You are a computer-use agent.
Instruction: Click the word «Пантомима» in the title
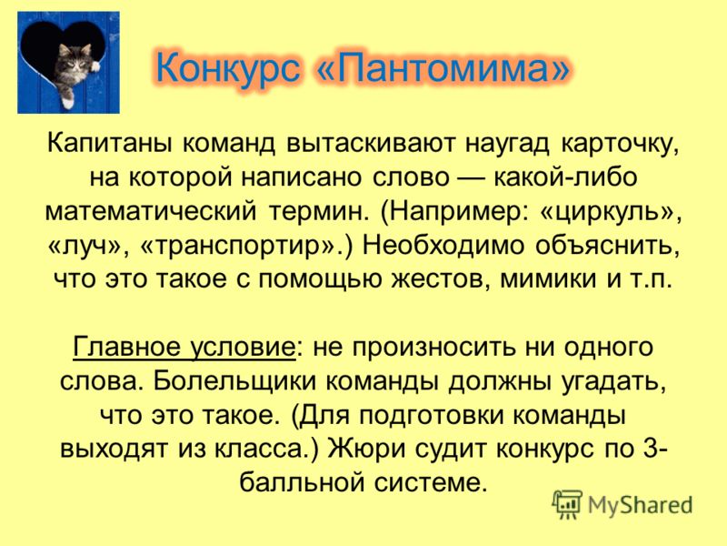443,69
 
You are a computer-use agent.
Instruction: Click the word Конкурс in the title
228,70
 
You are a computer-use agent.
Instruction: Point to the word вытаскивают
369,144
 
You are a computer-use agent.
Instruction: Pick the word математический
151,211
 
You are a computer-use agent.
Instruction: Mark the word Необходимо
443,245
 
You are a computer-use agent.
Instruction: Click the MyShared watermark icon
567,504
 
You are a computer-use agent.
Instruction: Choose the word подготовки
430,415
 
